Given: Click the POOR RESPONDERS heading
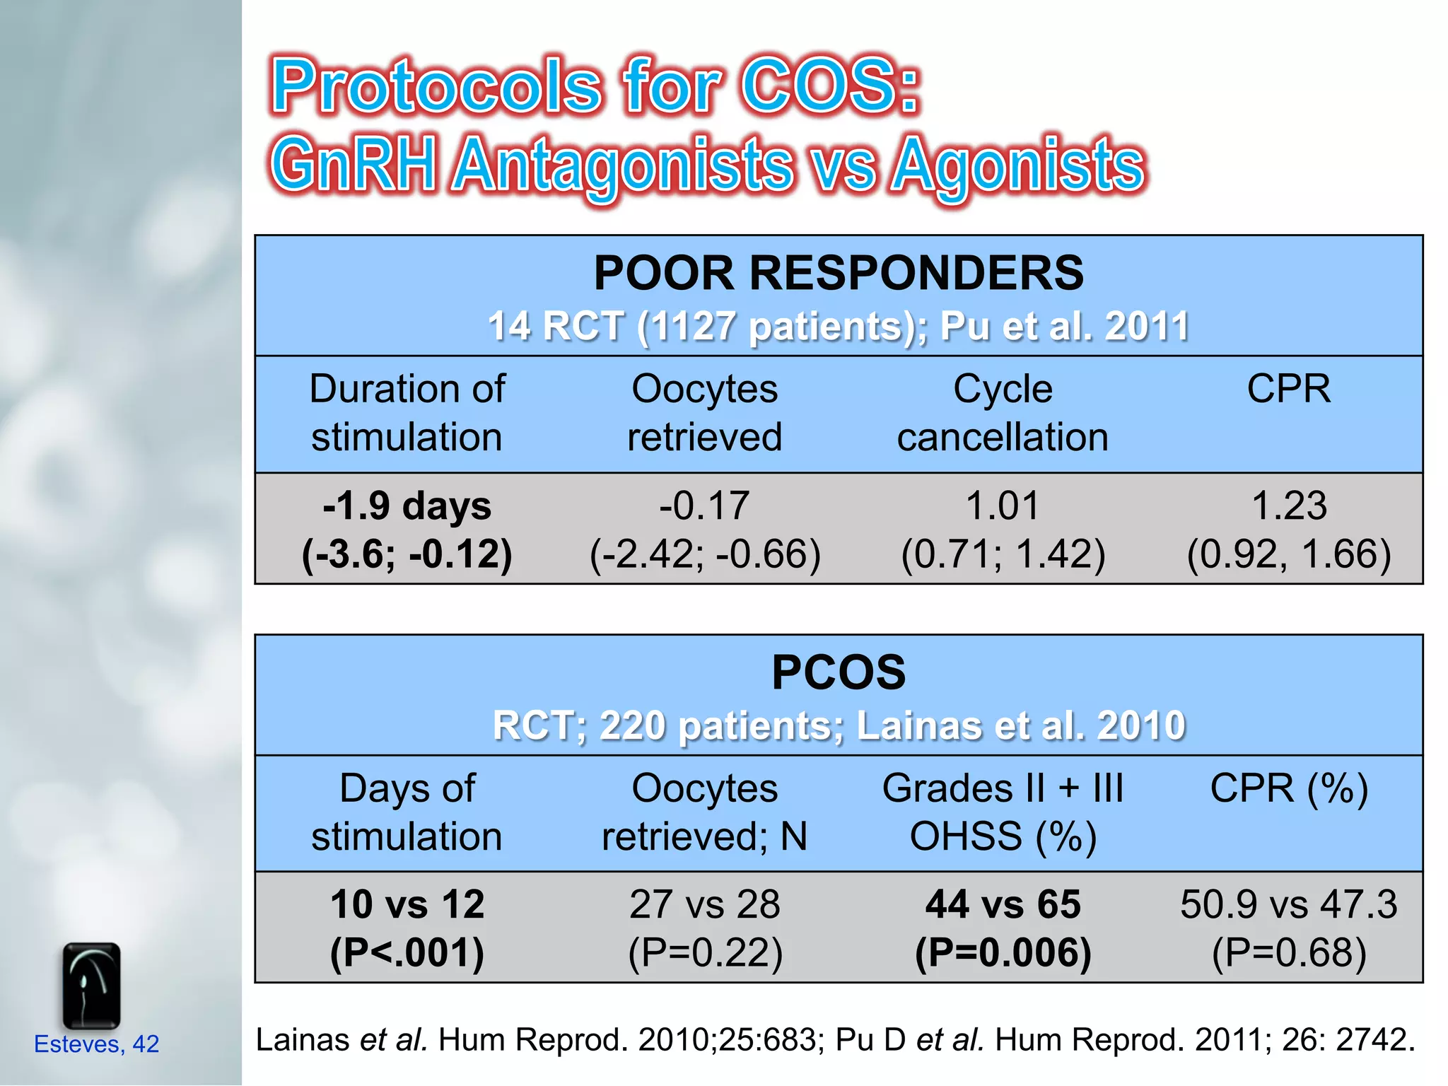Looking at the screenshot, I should pyautogui.click(x=838, y=274).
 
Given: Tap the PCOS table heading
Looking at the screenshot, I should pyautogui.click(x=838, y=672).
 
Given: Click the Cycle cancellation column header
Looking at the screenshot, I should pyautogui.click(x=1003, y=413).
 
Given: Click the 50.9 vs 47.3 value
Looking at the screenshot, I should pyautogui.click(x=1288, y=905).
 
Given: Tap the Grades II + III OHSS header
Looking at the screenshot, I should pyautogui.click(x=1003, y=812).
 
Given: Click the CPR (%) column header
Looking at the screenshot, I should pyautogui.click(x=1288, y=788).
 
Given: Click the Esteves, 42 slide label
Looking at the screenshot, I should pyautogui.click(x=97, y=1044).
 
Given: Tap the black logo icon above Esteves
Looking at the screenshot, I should pyautogui.click(x=91, y=986).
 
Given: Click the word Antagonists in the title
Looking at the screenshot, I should pyautogui.click(x=622, y=166).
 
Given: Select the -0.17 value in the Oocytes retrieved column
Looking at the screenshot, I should pyautogui.click(x=705, y=506).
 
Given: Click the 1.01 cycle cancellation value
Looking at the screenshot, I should pyautogui.click(x=1003, y=506).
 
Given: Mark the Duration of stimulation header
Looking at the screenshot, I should pyautogui.click(x=407, y=413).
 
